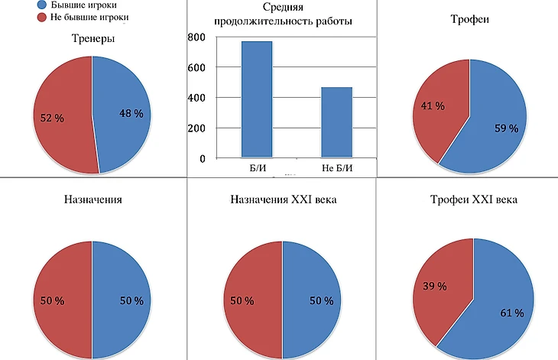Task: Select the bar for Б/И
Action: (257, 99)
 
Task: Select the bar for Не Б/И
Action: (337, 122)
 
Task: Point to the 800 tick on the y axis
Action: (196, 37)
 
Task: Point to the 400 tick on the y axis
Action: (196, 98)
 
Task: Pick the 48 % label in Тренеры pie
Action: (131, 113)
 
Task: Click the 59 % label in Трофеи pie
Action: (506, 128)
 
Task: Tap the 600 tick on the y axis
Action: (196, 67)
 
